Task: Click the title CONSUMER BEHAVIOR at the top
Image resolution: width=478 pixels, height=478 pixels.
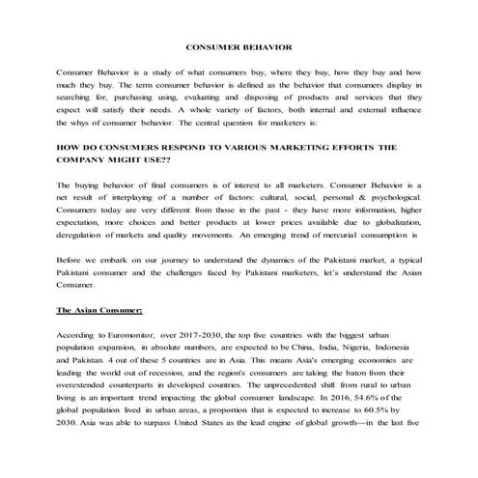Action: coord(239,46)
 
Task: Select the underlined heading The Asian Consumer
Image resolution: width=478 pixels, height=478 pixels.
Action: coord(99,311)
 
